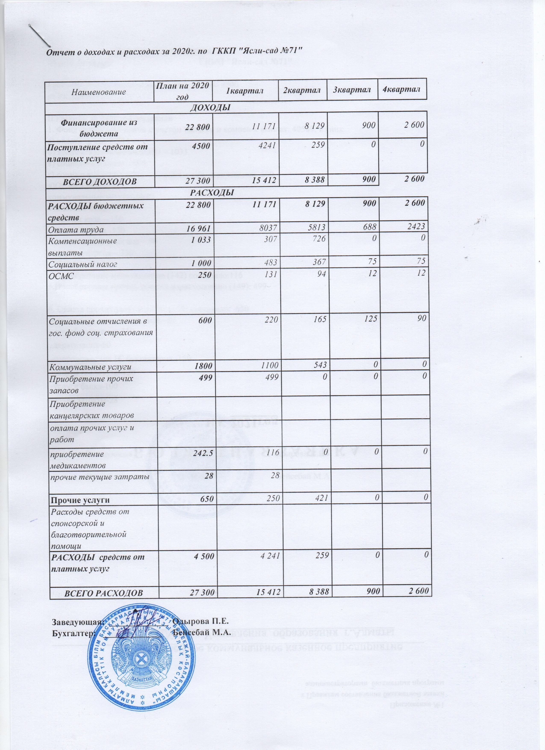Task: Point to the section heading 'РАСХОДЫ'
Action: click(x=212, y=192)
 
